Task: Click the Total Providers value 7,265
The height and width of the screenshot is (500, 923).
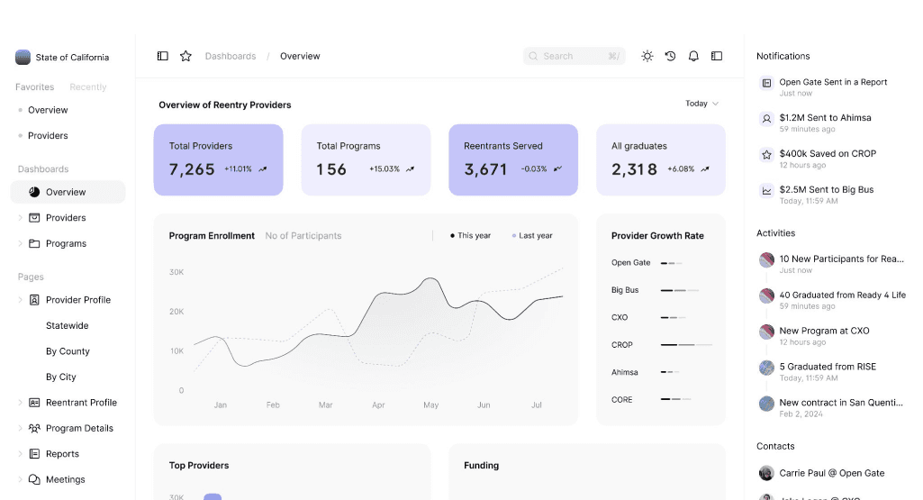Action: (192, 169)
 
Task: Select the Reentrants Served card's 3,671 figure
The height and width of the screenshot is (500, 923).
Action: (485, 169)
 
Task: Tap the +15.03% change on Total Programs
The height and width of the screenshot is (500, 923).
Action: (385, 169)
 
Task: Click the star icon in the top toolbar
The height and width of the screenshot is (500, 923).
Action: (186, 56)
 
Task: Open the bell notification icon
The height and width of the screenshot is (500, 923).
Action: (693, 56)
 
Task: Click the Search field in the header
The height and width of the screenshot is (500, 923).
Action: (574, 56)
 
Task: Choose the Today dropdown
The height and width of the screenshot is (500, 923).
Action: (701, 104)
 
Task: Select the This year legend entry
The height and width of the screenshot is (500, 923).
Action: (470, 235)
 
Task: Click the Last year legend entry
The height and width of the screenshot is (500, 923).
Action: (532, 235)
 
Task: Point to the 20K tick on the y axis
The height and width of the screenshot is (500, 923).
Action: (176, 312)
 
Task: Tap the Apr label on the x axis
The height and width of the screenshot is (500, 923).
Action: (378, 405)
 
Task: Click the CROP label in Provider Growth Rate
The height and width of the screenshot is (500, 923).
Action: (621, 345)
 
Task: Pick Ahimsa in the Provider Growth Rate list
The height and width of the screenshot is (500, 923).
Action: (625, 372)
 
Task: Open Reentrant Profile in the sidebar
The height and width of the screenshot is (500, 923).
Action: (81, 402)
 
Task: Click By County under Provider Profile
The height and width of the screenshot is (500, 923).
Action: (68, 351)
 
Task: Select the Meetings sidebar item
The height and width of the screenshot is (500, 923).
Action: (66, 479)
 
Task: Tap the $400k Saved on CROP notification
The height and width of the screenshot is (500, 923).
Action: (828, 154)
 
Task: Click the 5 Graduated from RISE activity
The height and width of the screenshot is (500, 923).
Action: (828, 367)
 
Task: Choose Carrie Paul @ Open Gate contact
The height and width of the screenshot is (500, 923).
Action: (832, 473)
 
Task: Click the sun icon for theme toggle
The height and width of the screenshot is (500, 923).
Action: (647, 56)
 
